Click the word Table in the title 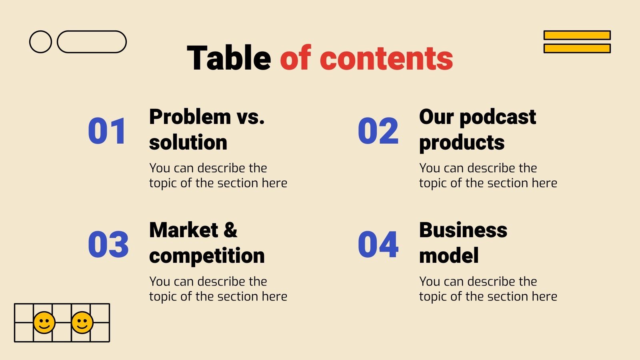point(229,58)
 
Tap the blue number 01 point(107,131)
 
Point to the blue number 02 point(378,131)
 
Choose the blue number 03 point(108,244)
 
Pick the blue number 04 point(378,244)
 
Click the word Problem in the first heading point(190,117)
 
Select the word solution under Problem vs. point(188,143)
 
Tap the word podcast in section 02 point(498,117)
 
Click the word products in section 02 point(462,143)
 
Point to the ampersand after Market point(230,230)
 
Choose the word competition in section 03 point(207,256)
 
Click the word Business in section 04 point(463,230)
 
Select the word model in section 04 point(449,256)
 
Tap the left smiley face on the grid point(44,322)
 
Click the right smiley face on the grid point(82,322)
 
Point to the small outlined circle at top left point(40,42)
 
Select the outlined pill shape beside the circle point(92,42)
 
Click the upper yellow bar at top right point(577,35)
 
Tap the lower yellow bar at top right point(577,48)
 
